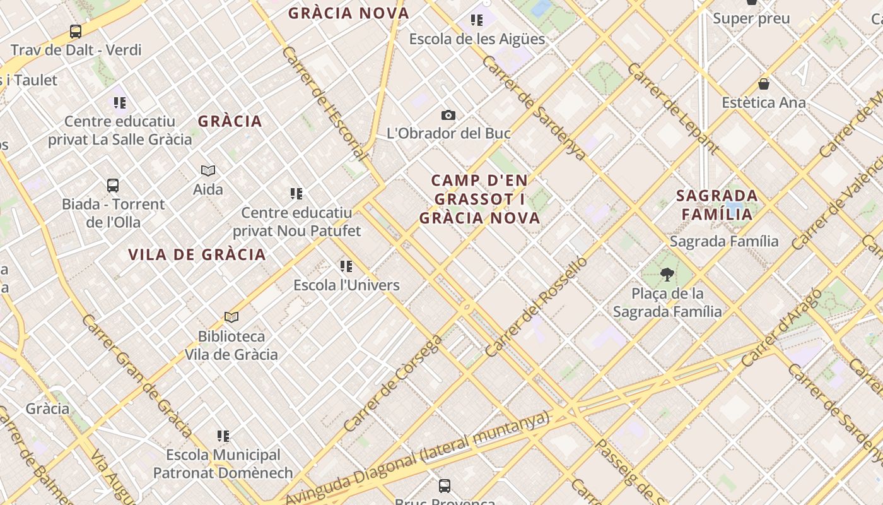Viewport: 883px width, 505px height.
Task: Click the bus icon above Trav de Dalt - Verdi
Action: point(75,31)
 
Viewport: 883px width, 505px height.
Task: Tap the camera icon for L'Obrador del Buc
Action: point(448,115)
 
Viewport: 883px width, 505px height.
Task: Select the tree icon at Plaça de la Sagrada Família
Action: point(667,275)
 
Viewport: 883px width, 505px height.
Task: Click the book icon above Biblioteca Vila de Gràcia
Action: point(231,317)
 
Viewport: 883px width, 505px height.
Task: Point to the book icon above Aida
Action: point(208,170)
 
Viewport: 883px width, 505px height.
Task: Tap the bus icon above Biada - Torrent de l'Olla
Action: point(113,186)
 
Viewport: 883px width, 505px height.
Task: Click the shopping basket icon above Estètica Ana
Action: point(763,84)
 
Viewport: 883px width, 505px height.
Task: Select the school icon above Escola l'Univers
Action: point(346,266)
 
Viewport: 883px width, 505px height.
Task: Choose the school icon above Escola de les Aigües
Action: point(476,20)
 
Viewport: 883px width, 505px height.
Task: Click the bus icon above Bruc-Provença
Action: point(445,485)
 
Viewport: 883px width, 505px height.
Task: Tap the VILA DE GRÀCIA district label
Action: point(197,254)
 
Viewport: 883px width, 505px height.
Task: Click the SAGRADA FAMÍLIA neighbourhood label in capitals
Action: point(717,205)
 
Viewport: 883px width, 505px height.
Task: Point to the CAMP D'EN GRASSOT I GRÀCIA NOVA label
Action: point(479,199)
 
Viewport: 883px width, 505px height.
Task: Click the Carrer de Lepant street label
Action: point(672,108)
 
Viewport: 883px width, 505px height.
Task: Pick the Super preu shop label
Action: point(751,18)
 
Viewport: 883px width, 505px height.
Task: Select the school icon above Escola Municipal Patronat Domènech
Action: point(223,436)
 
